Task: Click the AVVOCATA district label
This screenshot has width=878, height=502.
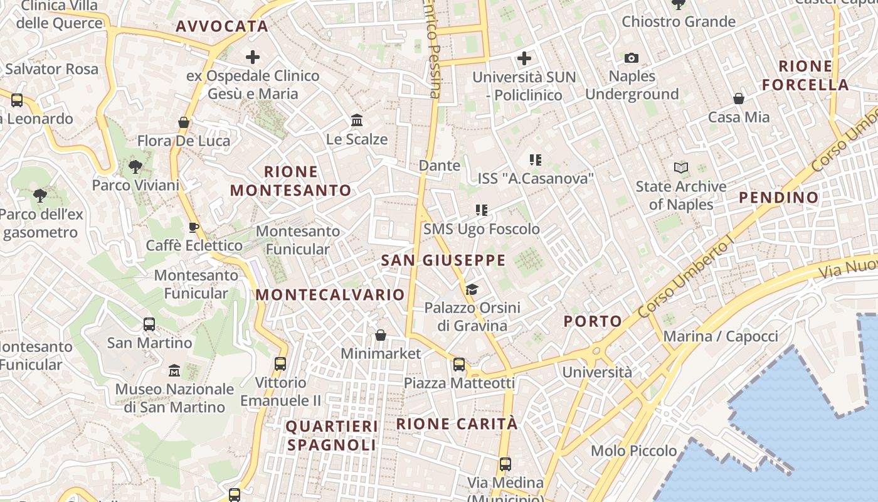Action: (222, 26)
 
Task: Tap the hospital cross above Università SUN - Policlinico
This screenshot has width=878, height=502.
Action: (524, 59)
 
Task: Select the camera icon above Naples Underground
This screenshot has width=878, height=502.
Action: (632, 58)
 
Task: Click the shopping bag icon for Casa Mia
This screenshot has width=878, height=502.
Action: (739, 99)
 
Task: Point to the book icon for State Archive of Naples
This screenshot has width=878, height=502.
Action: (681, 168)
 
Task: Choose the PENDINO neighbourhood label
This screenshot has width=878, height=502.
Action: (778, 198)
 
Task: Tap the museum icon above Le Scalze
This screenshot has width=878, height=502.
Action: (357, 120)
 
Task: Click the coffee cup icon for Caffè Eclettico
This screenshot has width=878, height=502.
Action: (194, 227)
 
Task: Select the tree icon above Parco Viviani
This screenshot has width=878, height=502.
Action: (135, 167)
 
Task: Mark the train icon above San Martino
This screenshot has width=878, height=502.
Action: (149, 324)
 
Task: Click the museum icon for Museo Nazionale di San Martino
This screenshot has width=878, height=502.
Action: (174, 370)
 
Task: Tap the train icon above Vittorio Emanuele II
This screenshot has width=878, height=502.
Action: (280, 363)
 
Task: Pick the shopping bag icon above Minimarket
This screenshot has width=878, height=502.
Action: (381, 335)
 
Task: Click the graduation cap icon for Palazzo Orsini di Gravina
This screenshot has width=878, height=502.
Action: (472, 289)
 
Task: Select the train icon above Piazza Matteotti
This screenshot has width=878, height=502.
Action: (459, 364)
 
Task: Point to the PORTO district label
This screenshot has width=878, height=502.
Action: (593, 322)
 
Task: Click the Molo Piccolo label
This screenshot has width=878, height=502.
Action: (633, 451)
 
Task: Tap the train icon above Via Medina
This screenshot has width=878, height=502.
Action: (505, 464)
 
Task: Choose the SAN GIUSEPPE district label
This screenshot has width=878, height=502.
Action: (443, 260)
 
